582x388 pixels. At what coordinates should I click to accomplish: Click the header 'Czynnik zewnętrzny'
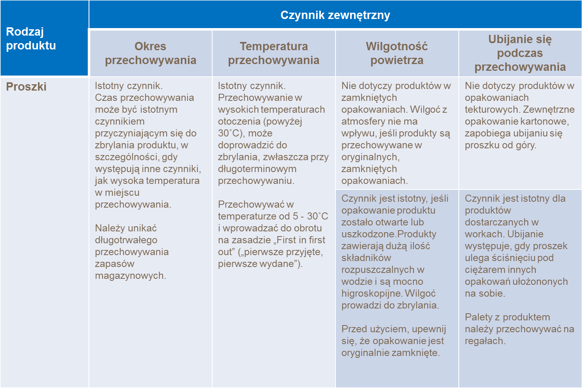[335, 15]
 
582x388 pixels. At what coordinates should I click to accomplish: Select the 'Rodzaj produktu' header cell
[31, 38]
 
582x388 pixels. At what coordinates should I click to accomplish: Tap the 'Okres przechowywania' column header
[150, 53]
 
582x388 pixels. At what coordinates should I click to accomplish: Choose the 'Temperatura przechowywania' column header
[273, 53]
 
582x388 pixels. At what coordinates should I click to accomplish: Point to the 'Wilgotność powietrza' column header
[397, 53]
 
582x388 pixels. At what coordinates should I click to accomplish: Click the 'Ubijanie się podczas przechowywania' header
[520, 53]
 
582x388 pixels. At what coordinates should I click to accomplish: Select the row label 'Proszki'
[26, 87]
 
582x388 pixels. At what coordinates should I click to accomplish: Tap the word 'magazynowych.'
[130, 276]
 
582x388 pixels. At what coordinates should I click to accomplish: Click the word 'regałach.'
[485, 341]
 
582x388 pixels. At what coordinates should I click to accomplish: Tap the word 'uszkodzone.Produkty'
[389, 234]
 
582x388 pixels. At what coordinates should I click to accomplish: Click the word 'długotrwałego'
[126, 240]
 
